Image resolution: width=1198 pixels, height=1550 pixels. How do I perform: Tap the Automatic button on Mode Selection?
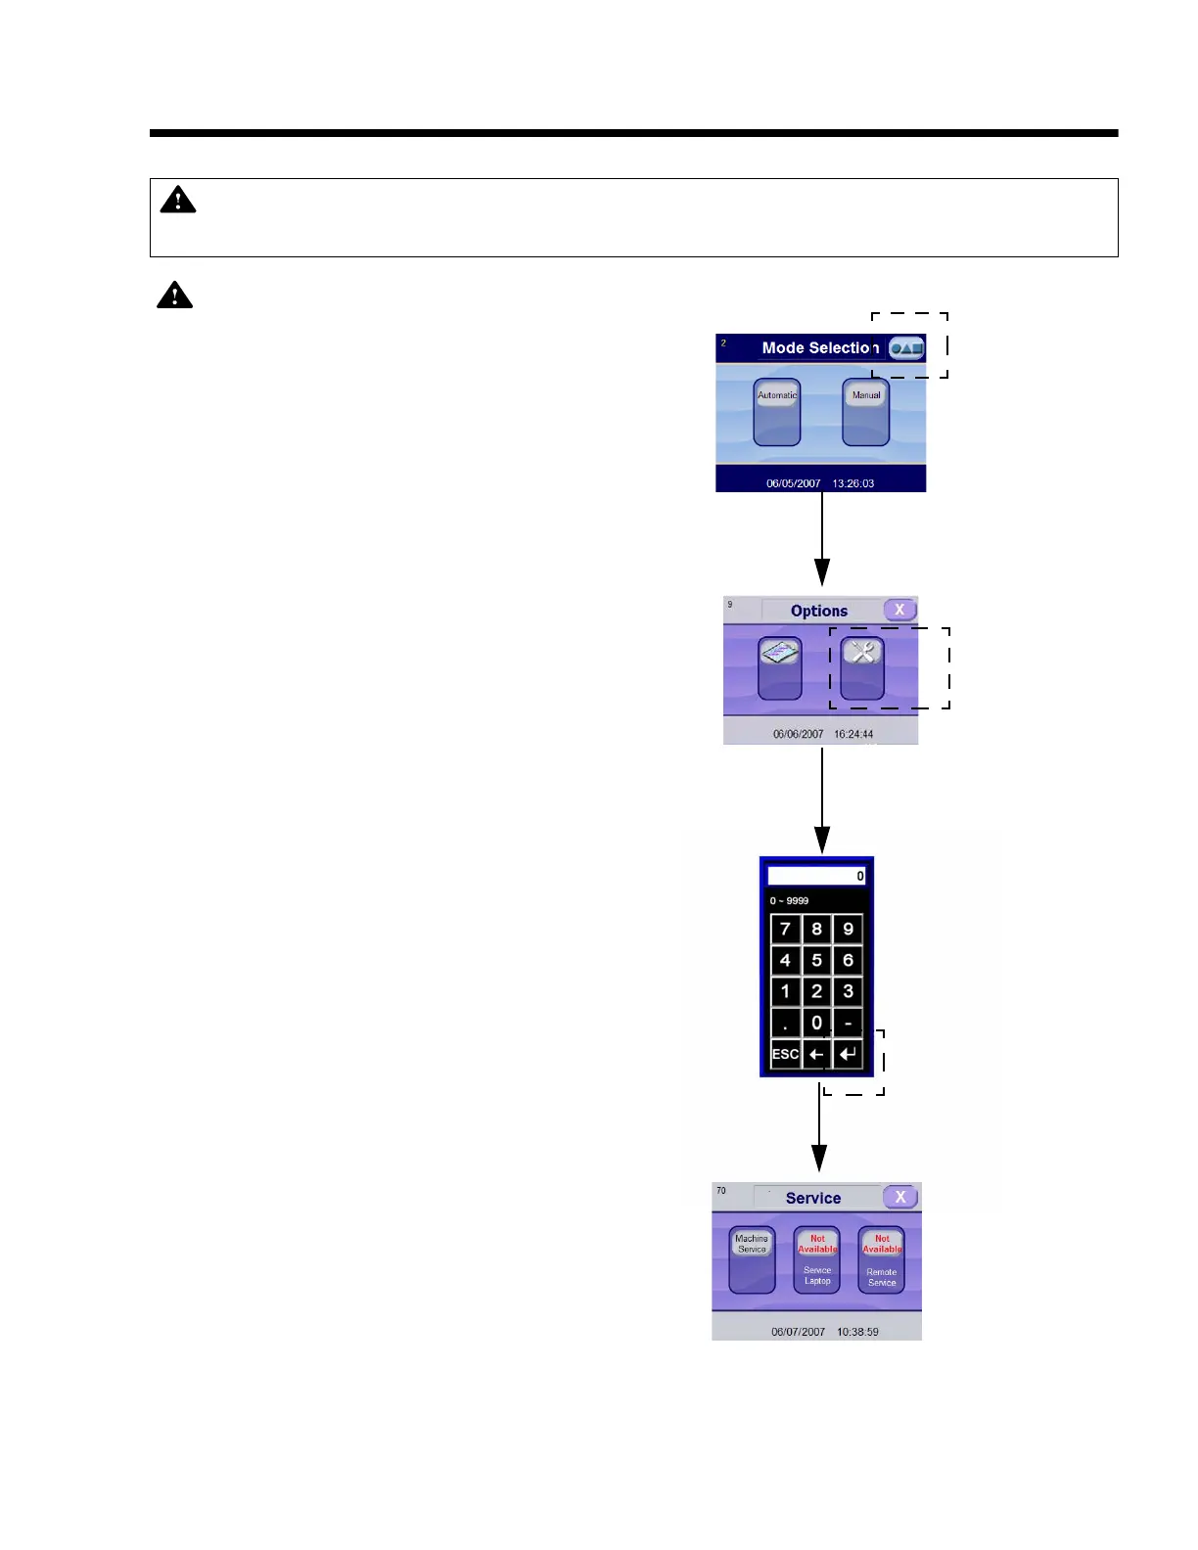point(777,412)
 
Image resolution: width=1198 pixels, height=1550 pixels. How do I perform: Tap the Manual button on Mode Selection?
point(866,412)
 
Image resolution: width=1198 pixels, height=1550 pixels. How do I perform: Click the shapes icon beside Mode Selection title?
point(906,348)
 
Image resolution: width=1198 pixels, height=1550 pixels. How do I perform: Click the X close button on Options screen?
point(899,610)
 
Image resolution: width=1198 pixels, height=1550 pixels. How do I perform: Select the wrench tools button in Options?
point(862,667)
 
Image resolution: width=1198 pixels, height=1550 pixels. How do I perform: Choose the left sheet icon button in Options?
point(780,667)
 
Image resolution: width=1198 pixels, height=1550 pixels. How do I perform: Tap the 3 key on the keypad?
point(849,991)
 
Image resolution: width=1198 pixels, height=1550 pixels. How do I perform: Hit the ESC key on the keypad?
point(785,1054)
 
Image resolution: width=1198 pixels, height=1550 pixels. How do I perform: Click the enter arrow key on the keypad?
point(849,1054)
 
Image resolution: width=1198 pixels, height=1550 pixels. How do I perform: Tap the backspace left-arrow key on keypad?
point(816,1054)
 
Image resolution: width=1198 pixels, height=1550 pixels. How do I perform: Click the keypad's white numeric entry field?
point(816,876)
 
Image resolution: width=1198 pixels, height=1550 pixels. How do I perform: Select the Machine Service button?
point(752,1259)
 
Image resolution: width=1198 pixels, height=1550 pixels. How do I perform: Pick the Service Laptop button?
point(817,1259)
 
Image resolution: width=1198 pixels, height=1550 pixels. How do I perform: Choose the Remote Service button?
point(882,1259)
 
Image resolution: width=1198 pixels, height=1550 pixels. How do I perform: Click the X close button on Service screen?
point(900,1197)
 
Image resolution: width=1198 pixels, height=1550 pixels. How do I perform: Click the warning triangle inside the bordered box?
point(178,201)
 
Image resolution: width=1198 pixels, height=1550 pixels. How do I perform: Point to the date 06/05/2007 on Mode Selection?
point(793,483)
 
